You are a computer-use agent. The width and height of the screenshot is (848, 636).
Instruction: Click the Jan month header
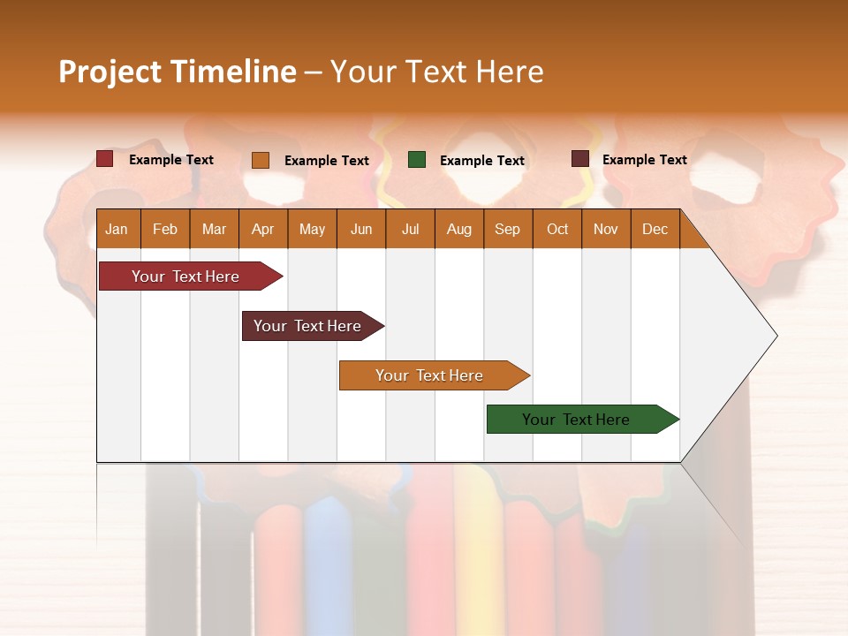pyautogui.click(x=117, y=229)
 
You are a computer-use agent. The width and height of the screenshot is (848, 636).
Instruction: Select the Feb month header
pyautogui.click(x=165, y=229)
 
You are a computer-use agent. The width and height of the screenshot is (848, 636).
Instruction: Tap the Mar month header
pyautogui.click(x=214, y=229)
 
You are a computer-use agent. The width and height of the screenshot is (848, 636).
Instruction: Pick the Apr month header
pyautogui.click(x=263, y=229)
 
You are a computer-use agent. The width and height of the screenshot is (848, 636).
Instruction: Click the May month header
pyautogui.click(x=312, y=229)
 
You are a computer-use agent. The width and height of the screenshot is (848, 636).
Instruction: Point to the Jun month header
pyautogui.click(x=361, y=229)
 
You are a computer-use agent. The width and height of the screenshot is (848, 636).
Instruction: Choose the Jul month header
pyautogui.click(x=410, y=229)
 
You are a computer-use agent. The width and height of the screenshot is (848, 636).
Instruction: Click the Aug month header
pyautogui.click(x=459, y=229)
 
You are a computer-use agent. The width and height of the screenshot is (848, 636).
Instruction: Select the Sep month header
pyautogui.click(x=508, y=229)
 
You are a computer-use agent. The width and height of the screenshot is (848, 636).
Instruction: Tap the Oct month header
pyautogui.click(x=557, y=229)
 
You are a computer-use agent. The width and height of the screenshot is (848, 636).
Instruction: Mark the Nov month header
pyautogui.click(x=606, y=229)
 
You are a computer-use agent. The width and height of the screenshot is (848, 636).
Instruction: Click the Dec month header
pyautogui.click(x=655, y=229)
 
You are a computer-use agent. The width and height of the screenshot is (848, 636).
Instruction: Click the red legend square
pyautogui.click(x=105, y=159)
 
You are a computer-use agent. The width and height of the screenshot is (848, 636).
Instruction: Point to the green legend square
pyautogui.click(x=417, y=160)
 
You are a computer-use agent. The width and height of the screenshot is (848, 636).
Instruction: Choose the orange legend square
pyautogui.click(x=261, y=160)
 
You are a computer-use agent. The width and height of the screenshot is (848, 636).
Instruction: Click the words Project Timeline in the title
pyautogui.click(x=178, y=72)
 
